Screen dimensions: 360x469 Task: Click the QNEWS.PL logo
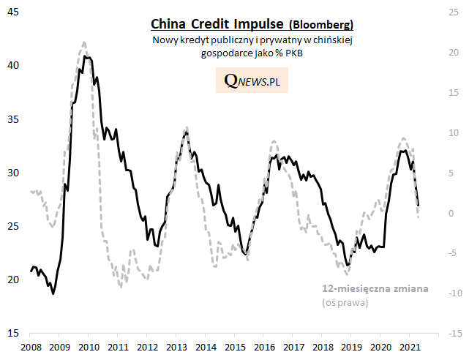click(x=252, y=81)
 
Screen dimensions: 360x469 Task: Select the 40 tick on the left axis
click(x=13, y=66)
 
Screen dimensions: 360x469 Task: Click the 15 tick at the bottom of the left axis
click(x=13, y=334)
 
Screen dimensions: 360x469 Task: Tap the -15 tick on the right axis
click(x=453, y=334)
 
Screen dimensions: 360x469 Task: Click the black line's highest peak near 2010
click(x=85, y=56)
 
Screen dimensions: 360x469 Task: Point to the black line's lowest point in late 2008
click(x=53, y=293)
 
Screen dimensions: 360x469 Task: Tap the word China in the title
click(x=167, y=24)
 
